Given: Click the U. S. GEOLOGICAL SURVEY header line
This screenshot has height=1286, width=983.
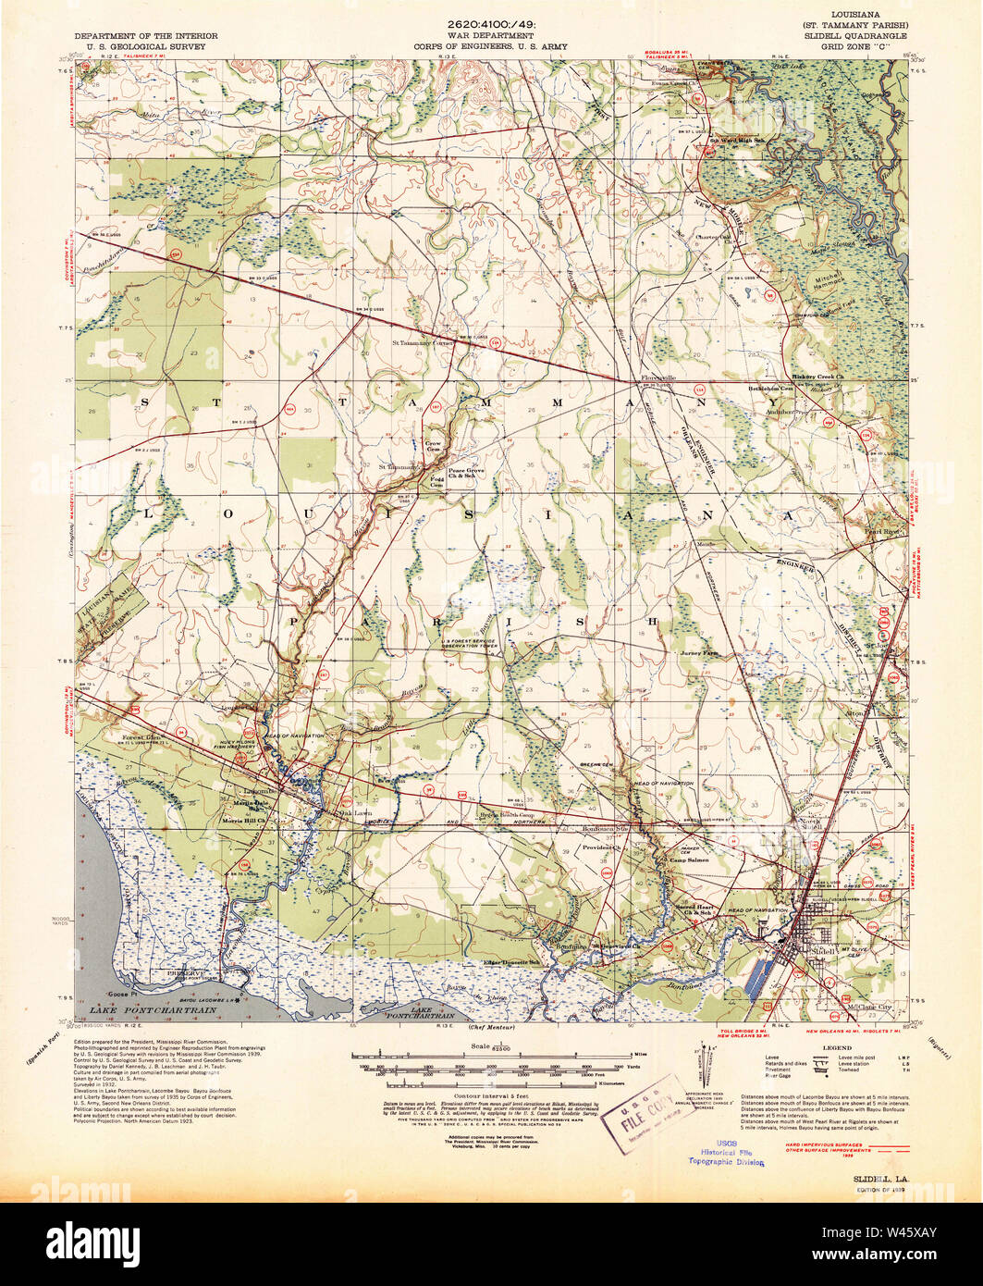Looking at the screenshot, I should coord(147,43).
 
